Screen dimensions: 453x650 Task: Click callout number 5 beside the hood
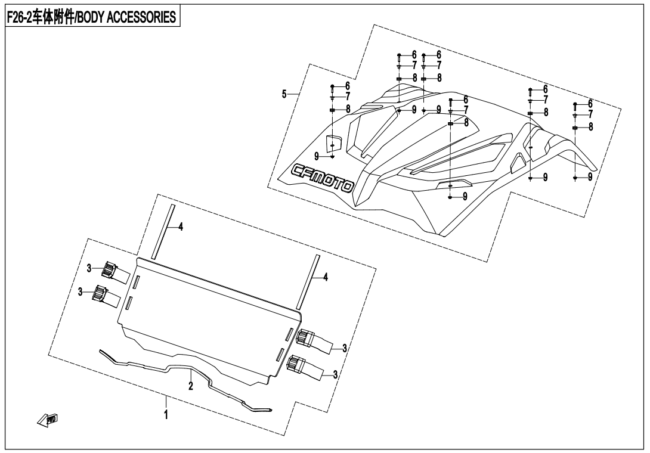pyautogui.click(x=284, y=94)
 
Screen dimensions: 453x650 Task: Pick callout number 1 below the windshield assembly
pyautogui.click(x=166, y=413)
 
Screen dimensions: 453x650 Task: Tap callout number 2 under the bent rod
pyautogui.click(x=191, y=386)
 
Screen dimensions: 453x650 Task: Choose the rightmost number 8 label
pyautogui.click(x=590, y=127)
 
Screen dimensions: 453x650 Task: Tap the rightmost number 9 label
pyautogui.click(x=590, y=177)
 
